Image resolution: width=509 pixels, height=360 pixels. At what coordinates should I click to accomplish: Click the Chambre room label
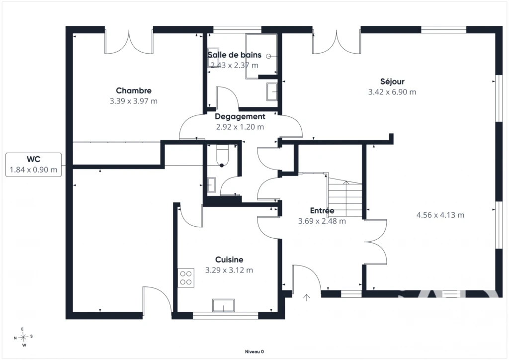[134, 90]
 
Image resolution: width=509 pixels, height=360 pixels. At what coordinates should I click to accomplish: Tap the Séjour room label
[392, 82]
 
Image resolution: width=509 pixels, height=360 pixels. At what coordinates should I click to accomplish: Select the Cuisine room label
[229, 260]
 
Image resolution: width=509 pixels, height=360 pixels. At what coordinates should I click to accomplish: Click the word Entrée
[322, 211]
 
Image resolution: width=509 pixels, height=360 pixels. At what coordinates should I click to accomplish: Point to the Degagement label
[240, 116]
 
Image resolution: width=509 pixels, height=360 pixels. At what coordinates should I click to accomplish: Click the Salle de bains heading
[235, 55]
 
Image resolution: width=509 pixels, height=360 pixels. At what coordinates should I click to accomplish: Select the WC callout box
[33, 165]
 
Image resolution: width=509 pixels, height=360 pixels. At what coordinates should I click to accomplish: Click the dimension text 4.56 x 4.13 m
[440, 215]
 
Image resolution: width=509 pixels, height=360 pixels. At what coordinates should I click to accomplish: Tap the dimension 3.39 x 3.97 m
[133, 101]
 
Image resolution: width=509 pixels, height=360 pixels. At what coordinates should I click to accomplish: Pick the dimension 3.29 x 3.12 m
[229, 270]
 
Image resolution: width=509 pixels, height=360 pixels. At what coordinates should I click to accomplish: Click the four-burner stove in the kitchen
[186, 278]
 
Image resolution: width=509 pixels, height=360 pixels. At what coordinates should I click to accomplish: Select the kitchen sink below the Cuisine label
[223, 305]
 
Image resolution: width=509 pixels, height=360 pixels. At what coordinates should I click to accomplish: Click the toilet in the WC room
[223, 156]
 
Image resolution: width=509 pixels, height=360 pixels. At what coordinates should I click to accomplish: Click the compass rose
[23, 337]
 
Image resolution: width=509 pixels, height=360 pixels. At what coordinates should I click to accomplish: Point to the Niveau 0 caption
[254, 352]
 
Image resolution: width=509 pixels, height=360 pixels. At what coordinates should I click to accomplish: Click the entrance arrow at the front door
[306, 297]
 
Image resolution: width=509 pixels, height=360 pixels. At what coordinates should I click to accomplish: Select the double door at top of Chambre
[129, 42]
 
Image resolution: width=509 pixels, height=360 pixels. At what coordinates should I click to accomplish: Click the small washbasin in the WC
[212, 184]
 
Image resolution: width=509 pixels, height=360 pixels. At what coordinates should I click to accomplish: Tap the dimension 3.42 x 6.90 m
[392, 92]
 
